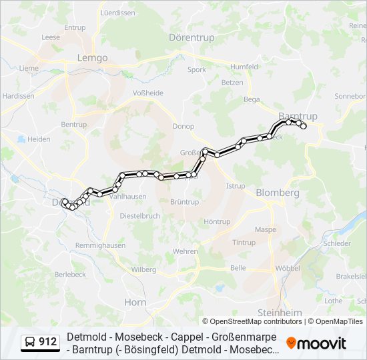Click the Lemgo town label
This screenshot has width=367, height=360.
pos(93,58)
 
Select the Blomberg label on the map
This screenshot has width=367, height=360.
pos(278,192)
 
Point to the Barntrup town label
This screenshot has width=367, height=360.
pos(298,115)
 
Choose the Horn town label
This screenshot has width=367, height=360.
pos(135,302)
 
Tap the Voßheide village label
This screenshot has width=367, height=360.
pos(148,93)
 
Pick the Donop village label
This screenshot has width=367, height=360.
pos(183,127)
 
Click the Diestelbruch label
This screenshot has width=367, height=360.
pos(140,216)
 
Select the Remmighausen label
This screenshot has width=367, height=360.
pos(100,245)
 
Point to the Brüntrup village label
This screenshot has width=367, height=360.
pos(184,202)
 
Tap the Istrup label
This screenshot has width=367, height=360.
pos(236,187)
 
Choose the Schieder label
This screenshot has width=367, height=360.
pos(337,243)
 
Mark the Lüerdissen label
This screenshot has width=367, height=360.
pos(117,13)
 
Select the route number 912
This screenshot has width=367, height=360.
pos(47,343)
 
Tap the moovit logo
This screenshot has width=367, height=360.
pos(316,343)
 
